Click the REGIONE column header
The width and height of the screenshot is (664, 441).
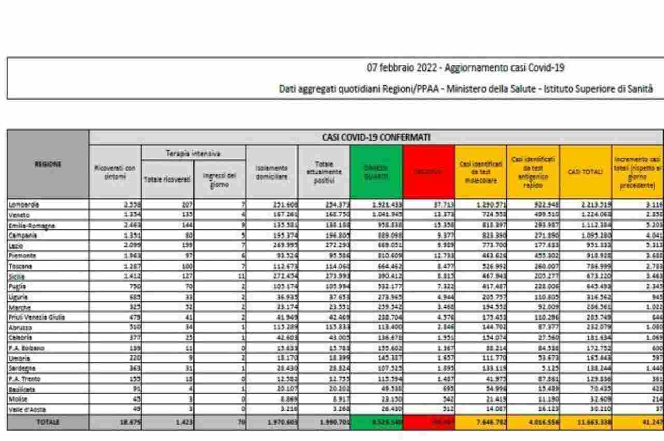47,164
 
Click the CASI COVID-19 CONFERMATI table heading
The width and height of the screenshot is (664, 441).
376,138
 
